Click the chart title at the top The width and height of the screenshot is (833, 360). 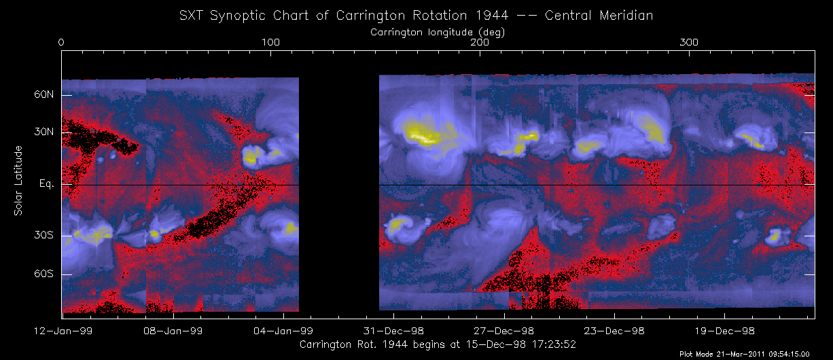point(416,14)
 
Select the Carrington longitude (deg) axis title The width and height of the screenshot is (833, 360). point(438,31)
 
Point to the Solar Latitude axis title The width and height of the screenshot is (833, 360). point(18,181)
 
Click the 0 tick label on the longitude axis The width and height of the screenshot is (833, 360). point(62,43)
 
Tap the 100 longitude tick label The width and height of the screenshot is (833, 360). point(270,43)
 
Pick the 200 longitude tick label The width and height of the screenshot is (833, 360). point(480,43)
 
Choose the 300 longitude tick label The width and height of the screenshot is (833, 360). point(689,43)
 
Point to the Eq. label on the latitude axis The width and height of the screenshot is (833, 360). point(46,184)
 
